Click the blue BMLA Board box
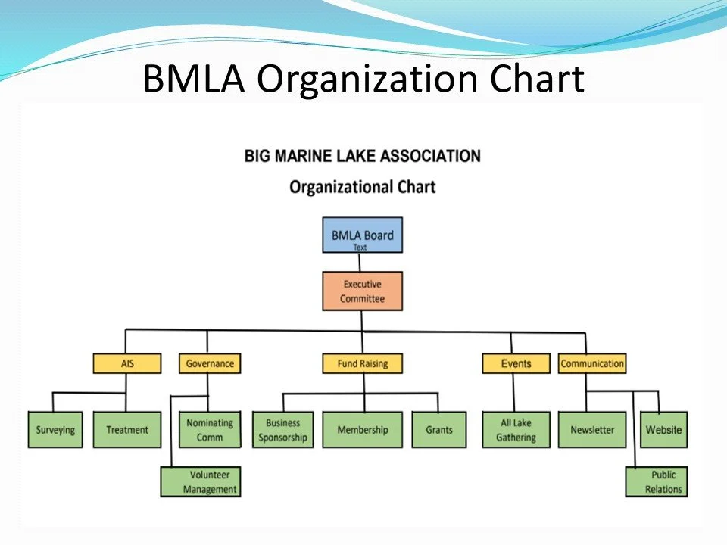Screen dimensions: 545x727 [x=362, y=235]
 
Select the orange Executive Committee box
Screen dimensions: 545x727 [x=362, y=291]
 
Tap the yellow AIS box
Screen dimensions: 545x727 [x=127, y=364]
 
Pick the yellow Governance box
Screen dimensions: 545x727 [x=210, y=364]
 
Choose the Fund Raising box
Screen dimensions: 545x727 [x=362, y=364]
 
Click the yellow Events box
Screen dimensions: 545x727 [x=516, y=364]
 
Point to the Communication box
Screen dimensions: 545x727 [x=592, y=364]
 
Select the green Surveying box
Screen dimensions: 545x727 [x=55, y=430]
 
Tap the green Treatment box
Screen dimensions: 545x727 [x=127, y=430]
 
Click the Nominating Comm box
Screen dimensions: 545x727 [x=210, y=430]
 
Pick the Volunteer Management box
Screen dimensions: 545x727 [x=201, y=482]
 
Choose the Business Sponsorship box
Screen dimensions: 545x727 [x=282, y=430]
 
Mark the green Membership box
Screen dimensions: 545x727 [x=362, y=430]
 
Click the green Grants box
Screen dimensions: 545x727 [x=438, y=430]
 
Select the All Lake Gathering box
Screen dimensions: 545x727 [x=516, y=430]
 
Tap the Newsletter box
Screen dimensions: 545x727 [x=592, y=430]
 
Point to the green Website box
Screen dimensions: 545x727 [x=663, y=430]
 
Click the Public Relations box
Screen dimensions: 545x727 [x=657, y=482]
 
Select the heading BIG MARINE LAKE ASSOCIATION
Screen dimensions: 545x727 [x=362, y=157]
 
